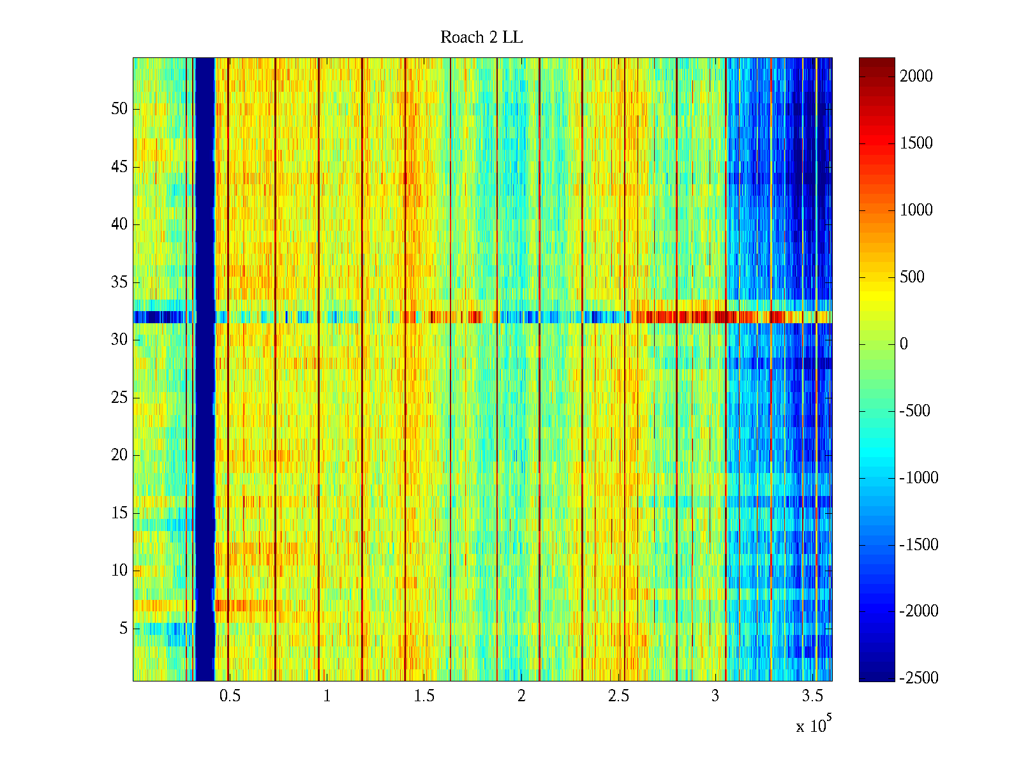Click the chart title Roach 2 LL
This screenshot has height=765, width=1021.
tap(481, 38)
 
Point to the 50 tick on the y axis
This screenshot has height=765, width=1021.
tap(119, 109)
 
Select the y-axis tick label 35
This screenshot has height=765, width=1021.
tap(119, 282)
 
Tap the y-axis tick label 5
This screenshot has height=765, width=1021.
tap(123, 629)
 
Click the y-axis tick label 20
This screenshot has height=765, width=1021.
tap(119, 455)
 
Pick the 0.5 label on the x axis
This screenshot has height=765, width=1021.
tap(230, 696)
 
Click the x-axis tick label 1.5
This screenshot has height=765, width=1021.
tap(424, 696)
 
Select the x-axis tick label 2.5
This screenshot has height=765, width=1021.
tap(618, 696)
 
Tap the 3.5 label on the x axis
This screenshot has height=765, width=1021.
tap(812, 696)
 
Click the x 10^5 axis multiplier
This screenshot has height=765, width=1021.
tap(813, 725)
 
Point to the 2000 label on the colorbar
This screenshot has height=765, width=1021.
tap(916, 76)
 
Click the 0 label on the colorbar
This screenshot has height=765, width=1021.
tap(904, 344)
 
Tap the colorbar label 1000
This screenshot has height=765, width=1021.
tap(916, 210)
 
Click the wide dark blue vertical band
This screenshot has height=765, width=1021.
tap(204, 370)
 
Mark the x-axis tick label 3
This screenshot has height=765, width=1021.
tap(715, 696)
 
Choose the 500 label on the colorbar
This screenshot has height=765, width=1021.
tap(912, 277)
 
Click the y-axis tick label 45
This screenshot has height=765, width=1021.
tap(119, 167)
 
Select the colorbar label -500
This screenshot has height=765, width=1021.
tap(915, 411)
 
